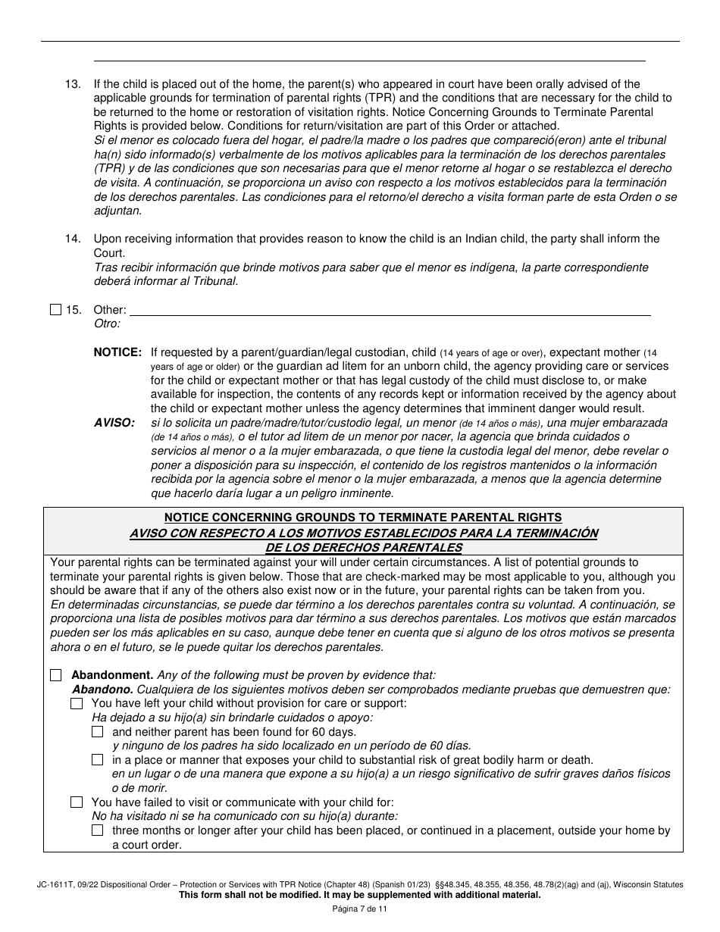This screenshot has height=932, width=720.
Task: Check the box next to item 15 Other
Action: pos(55,309)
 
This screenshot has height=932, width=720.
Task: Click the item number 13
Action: pos(72,84)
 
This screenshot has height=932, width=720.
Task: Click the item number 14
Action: pos(72,239)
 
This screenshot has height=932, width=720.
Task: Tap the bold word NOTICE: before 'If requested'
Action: pos(117,352)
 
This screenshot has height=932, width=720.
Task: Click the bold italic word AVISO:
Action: pos(114,422)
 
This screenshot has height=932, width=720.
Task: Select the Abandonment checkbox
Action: pos(55,675)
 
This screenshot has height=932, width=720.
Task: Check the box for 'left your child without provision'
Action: pos(77,703)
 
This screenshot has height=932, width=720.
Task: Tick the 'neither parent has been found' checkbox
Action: pos(97,732)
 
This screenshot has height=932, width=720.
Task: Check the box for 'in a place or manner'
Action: pos(97,760)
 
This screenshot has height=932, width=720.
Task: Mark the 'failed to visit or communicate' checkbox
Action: pos(77,802)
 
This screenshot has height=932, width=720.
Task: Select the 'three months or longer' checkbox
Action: pos(97,830)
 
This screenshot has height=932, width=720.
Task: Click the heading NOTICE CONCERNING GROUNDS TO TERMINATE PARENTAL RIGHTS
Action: pos(363,518)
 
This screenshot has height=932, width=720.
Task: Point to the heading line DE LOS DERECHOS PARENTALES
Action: pos(363,547)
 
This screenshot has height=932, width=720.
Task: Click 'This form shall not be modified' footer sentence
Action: pos(359,895)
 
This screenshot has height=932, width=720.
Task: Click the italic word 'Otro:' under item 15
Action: pos(107,324)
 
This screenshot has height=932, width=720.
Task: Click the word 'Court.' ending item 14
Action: pos(109,253)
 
